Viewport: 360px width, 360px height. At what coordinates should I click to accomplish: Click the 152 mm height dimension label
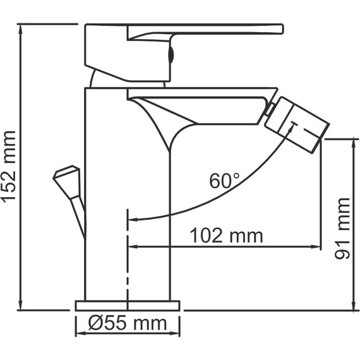click(x=9, y=166)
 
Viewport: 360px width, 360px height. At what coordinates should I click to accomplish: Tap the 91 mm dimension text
click(x=344, y=229)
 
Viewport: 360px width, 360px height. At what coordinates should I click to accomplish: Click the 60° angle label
click(x=225, y=181)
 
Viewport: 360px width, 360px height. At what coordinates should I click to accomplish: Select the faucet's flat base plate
click(x=128, y=305)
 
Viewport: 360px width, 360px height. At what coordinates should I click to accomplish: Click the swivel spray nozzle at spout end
click(x=296, y=124)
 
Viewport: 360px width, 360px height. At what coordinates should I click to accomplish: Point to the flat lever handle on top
click(x=208, y=29)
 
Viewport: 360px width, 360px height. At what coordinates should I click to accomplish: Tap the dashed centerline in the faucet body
click(x=128, y=265)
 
